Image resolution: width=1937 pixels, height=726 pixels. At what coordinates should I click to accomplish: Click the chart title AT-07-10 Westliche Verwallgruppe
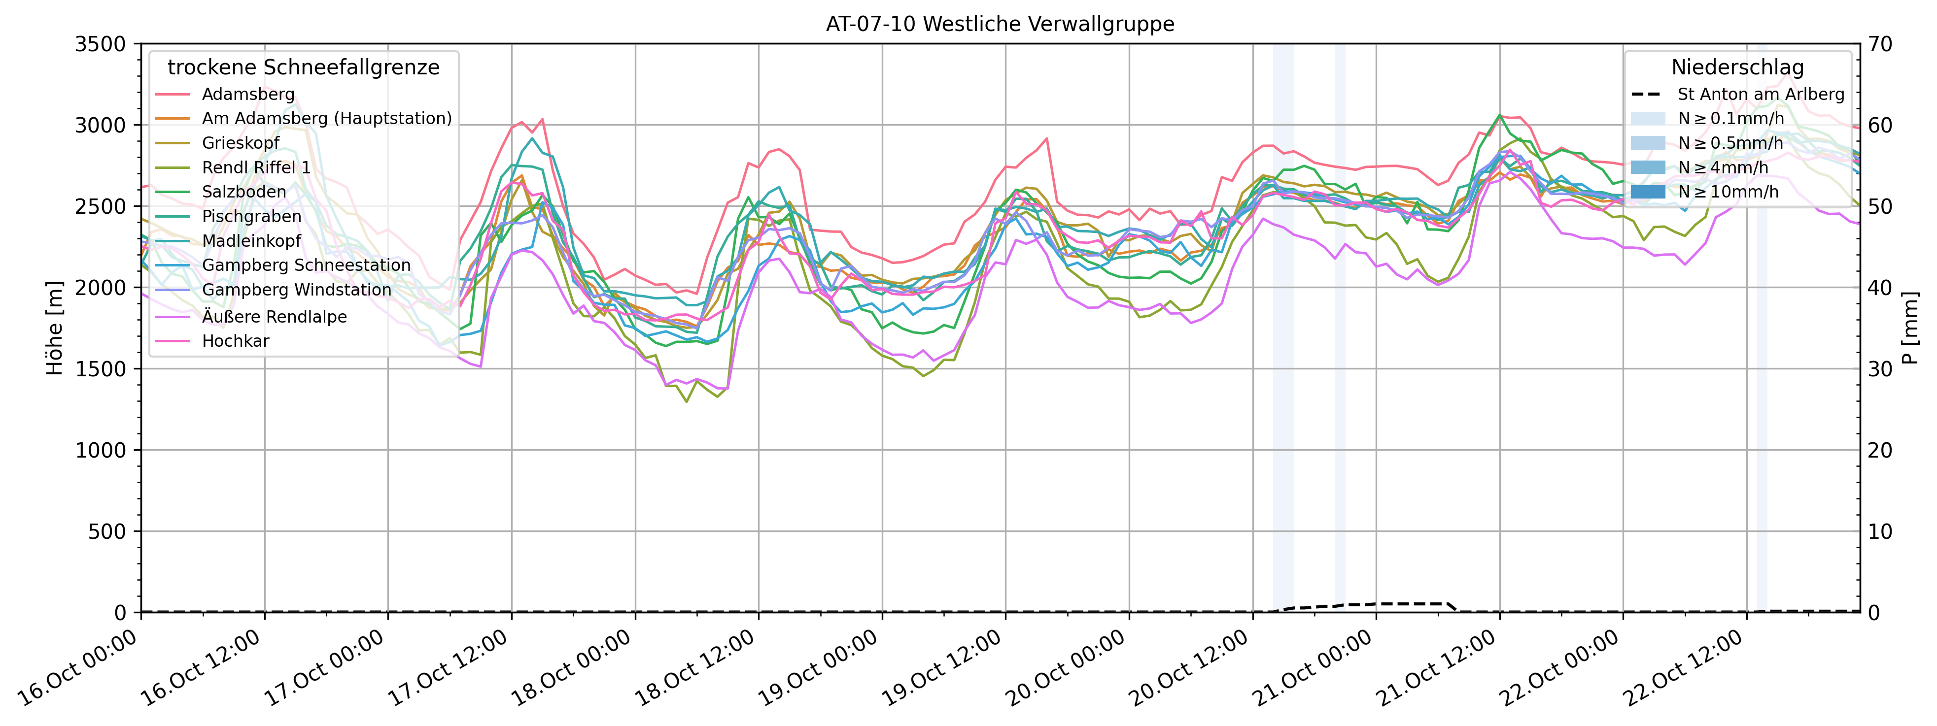(x=1000, y=24)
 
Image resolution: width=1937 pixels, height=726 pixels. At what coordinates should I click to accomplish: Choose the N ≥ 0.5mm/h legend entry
(x=1730, y=143)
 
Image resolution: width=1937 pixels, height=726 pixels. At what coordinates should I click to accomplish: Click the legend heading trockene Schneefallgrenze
(x=303, y=67)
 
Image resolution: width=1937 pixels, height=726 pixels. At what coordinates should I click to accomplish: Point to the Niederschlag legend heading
(x=1737, y=67)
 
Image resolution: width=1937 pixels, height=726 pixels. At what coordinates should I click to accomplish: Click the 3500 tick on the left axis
(x=100, y=44)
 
